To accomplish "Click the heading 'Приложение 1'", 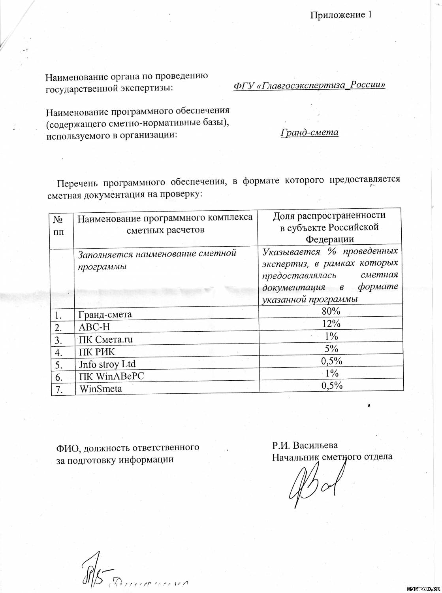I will [x=340, y=15].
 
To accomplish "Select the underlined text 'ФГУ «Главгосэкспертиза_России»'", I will [x=309, y=85].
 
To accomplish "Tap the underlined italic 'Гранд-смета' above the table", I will [x=309, y=132].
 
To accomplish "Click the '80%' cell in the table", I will [x=331, y=311].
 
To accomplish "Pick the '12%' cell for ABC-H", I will [x=331, y=323].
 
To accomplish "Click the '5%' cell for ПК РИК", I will [x=331, y=348].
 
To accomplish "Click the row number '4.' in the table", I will [x=59, y=352].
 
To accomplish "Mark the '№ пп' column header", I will [x=58, y=225].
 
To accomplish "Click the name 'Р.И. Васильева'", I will [x=305, y=445].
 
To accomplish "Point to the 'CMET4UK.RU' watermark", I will [x=423, y=589].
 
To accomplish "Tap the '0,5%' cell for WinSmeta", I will [x=331, y=385].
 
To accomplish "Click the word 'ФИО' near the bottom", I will [x=68, y=448].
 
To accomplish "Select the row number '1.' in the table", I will [x=59, y=315].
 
